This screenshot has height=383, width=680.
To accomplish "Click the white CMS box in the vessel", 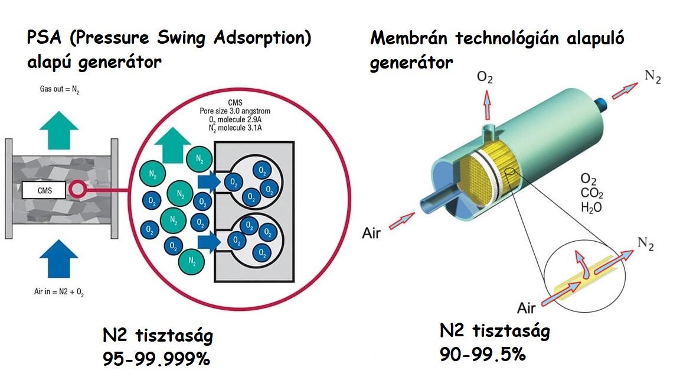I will (x=45, y=190).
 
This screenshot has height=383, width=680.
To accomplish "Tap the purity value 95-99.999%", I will (x=156, y=358).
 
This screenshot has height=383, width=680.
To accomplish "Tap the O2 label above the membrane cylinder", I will (x=486, y=77).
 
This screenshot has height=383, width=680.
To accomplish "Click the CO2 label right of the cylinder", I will (x=591, y=193).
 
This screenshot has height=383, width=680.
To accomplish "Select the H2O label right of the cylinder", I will (x=591, y=207).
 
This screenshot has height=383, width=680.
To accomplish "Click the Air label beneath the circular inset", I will (x=527, y=307).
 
